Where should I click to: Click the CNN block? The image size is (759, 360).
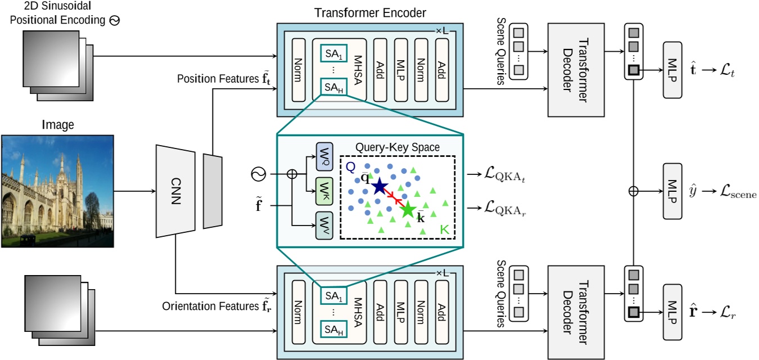(176, 191)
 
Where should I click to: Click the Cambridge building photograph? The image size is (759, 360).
(57, 191)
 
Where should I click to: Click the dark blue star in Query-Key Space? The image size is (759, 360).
(379, 186)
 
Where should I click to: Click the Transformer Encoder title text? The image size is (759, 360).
(370, 12)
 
